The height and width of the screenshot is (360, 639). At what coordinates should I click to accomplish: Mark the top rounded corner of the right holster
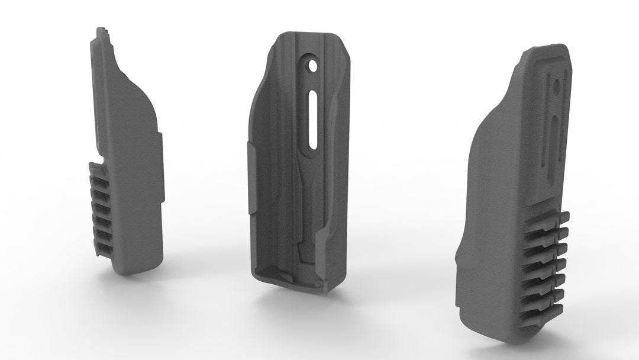pos(532,53)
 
